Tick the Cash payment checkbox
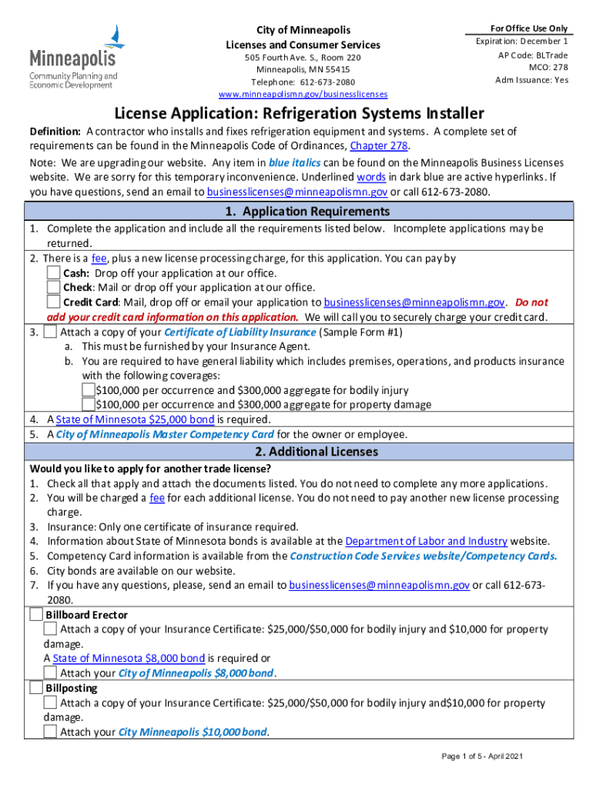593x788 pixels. (x=53, y=273)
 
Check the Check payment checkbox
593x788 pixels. (x=53, y=288)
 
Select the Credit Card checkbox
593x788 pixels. (x=53, y=302)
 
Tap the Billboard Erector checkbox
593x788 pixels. (x=36, y=615)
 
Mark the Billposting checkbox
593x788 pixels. (x=36, y=687)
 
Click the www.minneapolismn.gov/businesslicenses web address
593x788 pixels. (x=303, y=95)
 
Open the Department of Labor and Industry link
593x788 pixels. (x=427, y=542)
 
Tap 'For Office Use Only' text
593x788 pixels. (x=523, y=28)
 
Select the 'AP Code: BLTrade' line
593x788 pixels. (x=533, y=55)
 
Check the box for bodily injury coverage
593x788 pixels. (x=89, y=390)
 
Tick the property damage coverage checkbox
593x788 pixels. (x=89, y=405)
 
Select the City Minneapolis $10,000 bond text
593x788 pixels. (x=193, y=732)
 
